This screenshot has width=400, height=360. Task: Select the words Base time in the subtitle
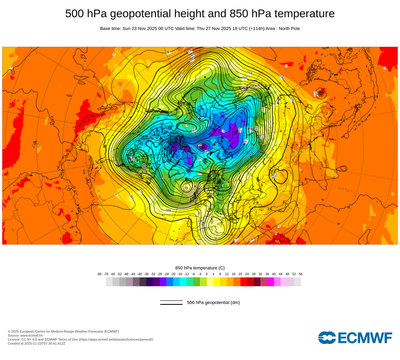(111, 29)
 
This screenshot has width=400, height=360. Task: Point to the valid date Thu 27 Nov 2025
(214, 29)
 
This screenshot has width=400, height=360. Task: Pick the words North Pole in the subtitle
(288, 29)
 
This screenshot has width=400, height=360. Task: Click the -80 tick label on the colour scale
(99, 274)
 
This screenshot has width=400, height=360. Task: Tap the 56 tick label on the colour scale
(300, 274)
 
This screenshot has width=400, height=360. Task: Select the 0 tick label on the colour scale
(207, 274)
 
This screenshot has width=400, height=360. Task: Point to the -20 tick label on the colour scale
(173, 274)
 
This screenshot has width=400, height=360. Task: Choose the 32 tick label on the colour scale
(260, 274)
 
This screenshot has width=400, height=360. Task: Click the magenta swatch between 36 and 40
(270, 282)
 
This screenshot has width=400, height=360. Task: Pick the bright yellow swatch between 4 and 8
(217, 282)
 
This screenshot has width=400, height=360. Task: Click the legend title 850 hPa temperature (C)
(200, 268)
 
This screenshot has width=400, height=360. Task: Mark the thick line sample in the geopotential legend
(171, 304)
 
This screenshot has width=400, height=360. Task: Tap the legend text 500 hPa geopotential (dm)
(213, 302)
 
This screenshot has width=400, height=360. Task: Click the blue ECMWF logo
(355, 338)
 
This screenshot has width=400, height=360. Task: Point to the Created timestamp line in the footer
(36, 343)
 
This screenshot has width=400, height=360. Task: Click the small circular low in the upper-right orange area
(320, 94)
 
